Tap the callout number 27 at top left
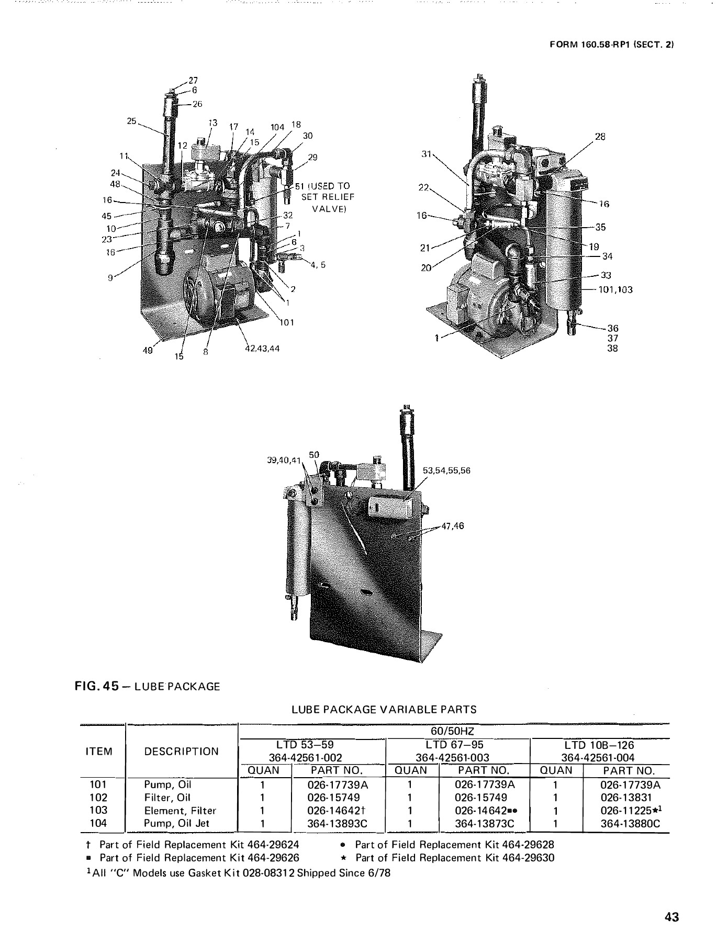click(193, 81)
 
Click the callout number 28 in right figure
click(600, 137)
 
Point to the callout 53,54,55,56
click(447, 470)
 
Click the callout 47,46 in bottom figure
click(453, 526)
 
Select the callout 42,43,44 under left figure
click(262, 349)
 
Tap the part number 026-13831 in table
click(626, 798)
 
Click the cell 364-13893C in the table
click(338, 823)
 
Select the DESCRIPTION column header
click(182, 752)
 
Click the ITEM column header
click(98, 752)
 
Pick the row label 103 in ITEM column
click(98, 810)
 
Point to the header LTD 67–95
click(454, 745)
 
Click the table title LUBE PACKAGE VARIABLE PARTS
click(384, 710)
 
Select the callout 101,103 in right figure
click(615, 289)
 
